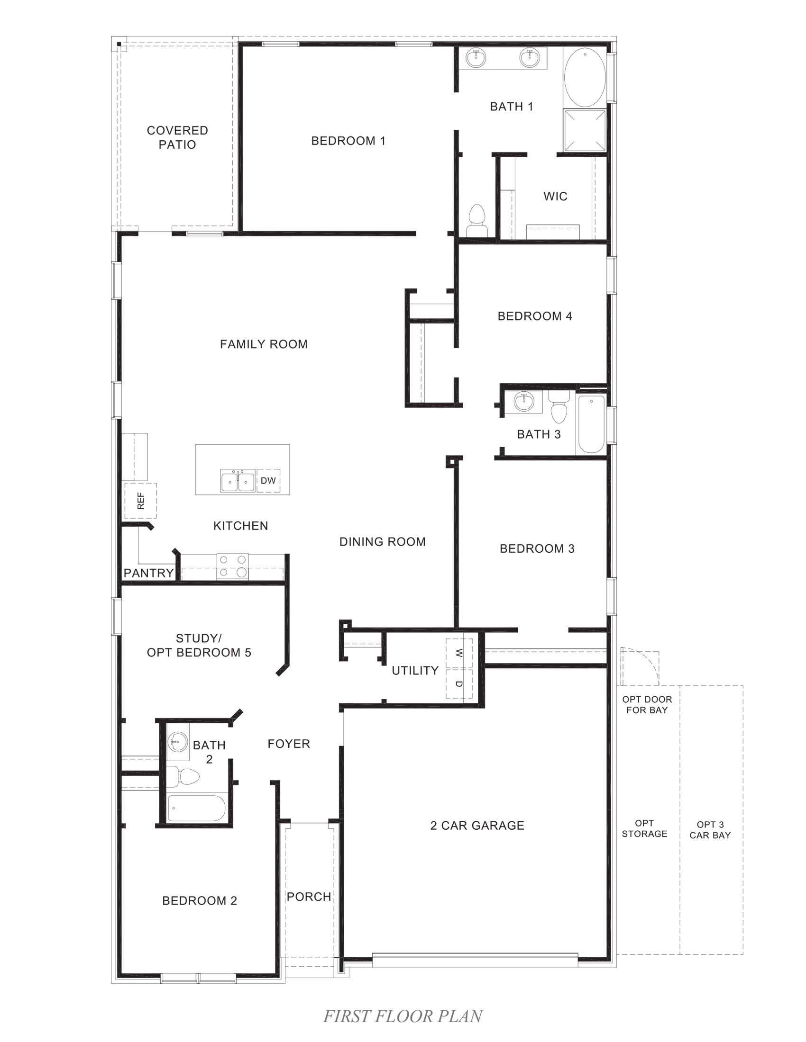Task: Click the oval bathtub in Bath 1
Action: click(x=585, y=77)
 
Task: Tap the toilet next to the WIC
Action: click(x=476, y=220)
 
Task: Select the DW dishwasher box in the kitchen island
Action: click(x=268, y=480)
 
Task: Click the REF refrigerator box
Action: click(x=140, y=501)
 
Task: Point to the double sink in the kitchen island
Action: click(x=238, y=481)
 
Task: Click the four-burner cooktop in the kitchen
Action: click(x=232, y=566)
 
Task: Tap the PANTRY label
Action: click(x=148, y=573)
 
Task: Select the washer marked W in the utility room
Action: click(x=459, y=653)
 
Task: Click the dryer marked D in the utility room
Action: click(x=459, y=683)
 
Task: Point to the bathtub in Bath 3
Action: click(x=591, y=424)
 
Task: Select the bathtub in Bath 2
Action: click(x=197, y=808)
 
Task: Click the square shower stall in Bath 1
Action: click(x=585, y=130)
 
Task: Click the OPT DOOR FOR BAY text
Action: click(x=647, y=705)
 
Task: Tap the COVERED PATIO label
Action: click(x=177, y=137)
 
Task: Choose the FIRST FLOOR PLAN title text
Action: click(x=403, y=1016)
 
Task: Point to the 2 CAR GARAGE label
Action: click(x=477, y=826)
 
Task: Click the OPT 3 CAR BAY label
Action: click(x=710, y=830)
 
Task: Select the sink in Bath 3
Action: click(x=524, y=401)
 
